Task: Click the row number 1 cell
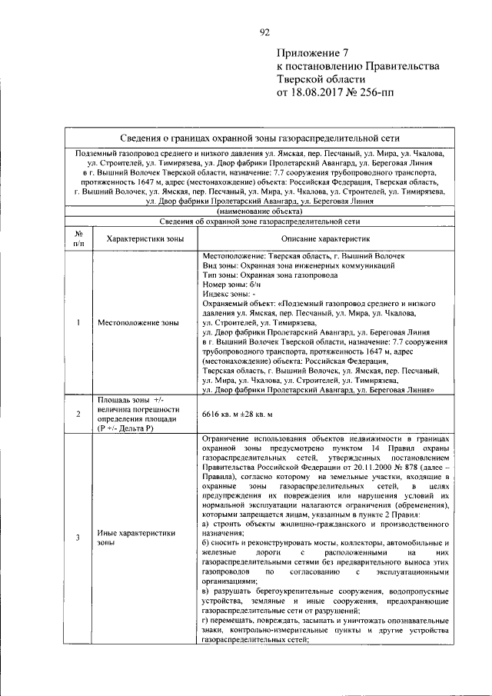coord(78,322)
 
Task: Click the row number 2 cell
coord(78,415)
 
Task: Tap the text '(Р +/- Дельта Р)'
coord(126,428)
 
